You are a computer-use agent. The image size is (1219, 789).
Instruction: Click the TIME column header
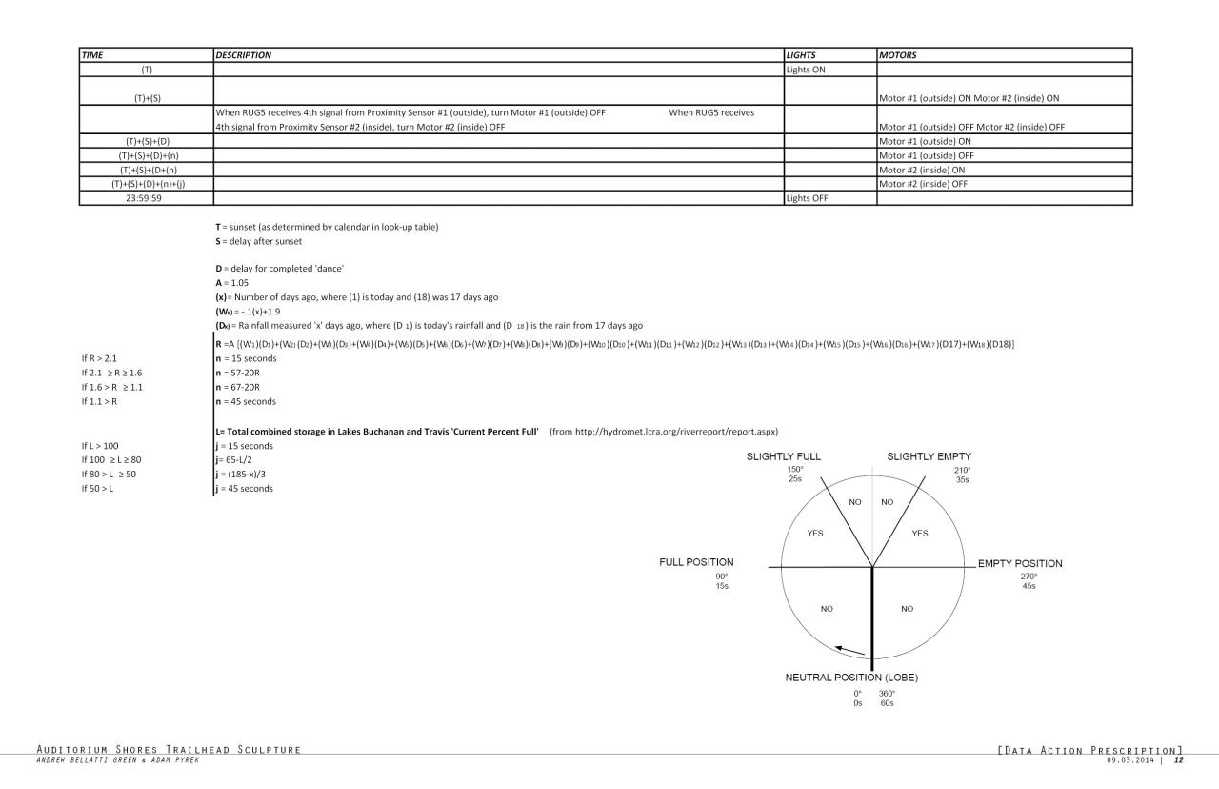(x=93, y=55)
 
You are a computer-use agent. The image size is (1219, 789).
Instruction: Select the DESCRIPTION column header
(x=244, y=55)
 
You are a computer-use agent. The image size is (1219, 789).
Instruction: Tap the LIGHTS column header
(x=801, y=55)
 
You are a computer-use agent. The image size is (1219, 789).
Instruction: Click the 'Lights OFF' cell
(x=805, y=198)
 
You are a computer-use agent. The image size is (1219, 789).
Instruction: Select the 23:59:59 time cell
(x=147, y=198)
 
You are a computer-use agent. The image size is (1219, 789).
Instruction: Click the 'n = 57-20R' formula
(x=238, y=373)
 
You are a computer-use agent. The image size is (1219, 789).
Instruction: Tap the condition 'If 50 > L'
(x=100, y=489)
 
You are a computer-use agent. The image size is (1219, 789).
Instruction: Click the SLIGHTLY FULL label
(x=784, y=457)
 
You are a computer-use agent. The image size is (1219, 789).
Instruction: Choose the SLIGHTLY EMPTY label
(x=929, y=457)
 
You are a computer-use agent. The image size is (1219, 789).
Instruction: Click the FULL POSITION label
(x=696, y=562)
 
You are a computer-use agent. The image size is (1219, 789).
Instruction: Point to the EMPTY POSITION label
(x=1020, y=563)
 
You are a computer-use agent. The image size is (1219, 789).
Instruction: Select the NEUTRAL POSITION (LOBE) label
(x=850, y=678)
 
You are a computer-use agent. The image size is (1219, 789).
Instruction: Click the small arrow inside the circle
(x=849, y=650)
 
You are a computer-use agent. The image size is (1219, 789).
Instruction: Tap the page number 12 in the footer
(x=1178, y=760)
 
